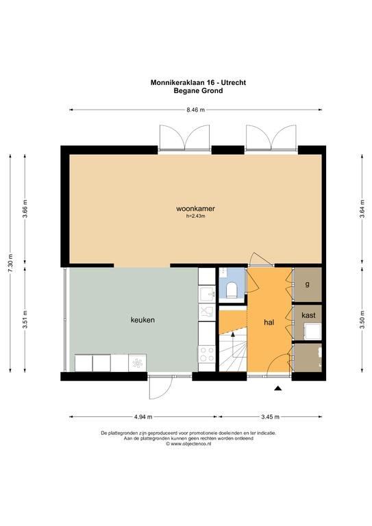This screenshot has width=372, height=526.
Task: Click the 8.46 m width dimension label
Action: click(195, 110)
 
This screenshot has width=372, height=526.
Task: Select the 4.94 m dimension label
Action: click(143, 417)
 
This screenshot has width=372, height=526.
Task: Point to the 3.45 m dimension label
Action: click(270, 417)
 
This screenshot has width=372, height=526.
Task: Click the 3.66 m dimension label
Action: click(25, 209)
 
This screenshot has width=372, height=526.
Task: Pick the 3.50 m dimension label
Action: click(362, 321)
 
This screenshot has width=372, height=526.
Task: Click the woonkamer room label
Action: click(195, 208)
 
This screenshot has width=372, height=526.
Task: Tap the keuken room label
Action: click(143, 320)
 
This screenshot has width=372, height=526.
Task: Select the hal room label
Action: click(269, 323)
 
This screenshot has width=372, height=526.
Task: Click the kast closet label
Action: click(308, 315)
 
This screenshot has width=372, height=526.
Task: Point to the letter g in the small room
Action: click(308, 284)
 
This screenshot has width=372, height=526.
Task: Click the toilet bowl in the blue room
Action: click(232, 290)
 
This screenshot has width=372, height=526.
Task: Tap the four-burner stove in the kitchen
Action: click(207, 354)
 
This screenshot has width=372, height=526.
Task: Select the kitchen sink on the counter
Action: click(207, 295)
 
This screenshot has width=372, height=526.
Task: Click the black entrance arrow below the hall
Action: click(277, 388)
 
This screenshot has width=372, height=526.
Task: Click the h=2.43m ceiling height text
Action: click(195, 216)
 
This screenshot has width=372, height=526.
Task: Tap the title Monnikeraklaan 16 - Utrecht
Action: click(198, 82)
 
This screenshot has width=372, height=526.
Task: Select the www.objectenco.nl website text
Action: click(188, 444)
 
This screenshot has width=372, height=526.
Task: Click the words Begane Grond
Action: click(198, 90)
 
